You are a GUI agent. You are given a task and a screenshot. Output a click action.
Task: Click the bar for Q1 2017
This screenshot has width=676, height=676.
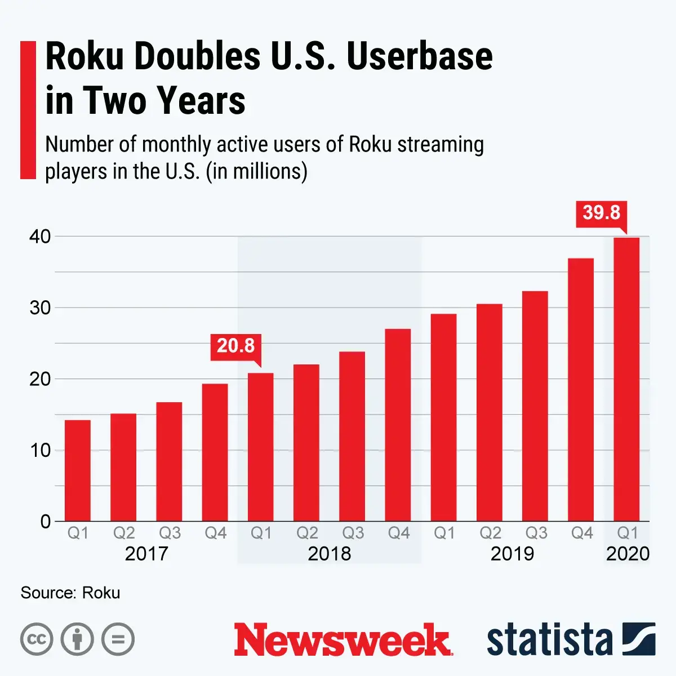coord(78,470)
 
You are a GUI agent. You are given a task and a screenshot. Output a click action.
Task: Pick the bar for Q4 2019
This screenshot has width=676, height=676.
coord(581,389)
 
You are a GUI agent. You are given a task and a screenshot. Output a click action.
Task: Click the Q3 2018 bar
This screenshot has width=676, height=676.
coord(352,436)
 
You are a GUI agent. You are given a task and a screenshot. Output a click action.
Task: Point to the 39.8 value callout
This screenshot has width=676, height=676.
coord(601,213)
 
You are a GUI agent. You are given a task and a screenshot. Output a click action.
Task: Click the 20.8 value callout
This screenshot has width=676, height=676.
coord(235,345)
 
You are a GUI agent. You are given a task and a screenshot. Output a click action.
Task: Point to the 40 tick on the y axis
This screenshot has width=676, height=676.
coord(40,237)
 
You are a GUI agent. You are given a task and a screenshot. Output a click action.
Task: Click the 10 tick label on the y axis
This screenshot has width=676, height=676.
coord(40,451)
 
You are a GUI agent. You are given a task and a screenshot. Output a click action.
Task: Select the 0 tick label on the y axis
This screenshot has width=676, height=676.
coord(46,522)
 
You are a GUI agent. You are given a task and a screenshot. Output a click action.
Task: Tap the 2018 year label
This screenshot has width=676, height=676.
coord(330,554)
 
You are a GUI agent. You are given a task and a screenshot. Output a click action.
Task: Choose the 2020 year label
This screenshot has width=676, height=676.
coord(628,554)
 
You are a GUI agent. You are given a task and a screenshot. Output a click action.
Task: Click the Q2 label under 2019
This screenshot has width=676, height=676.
coord(490,533)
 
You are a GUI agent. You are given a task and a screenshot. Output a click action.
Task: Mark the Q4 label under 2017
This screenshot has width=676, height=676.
coord(215,533)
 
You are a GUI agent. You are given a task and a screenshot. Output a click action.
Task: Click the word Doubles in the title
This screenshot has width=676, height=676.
coord(197,56)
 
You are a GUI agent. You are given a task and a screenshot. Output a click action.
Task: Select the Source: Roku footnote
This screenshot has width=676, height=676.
coord(70,593)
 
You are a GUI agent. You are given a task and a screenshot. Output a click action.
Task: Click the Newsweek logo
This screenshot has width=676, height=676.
coord(343,640)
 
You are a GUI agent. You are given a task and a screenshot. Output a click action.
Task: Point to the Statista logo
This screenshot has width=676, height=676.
coord(571,640)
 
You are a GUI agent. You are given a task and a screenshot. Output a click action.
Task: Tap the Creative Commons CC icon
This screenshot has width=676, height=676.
coord(37,639)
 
